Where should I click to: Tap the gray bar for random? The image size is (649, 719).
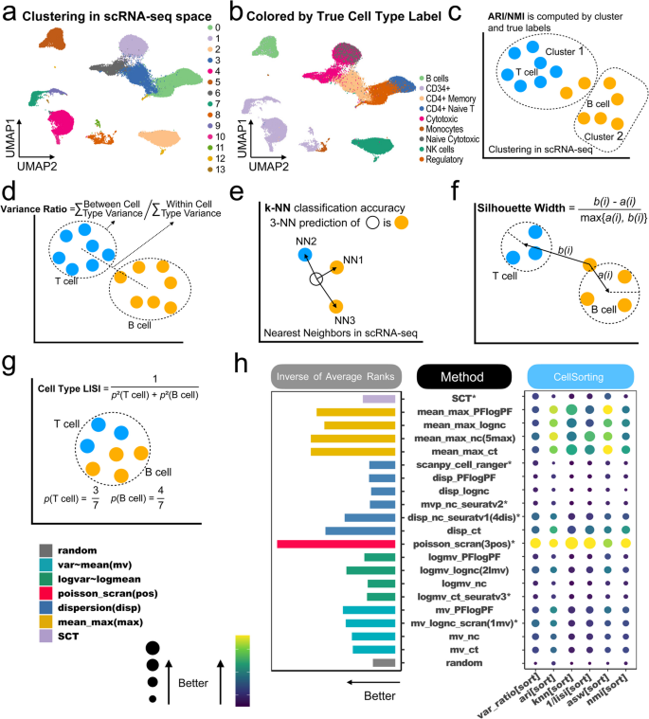point(384,664)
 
